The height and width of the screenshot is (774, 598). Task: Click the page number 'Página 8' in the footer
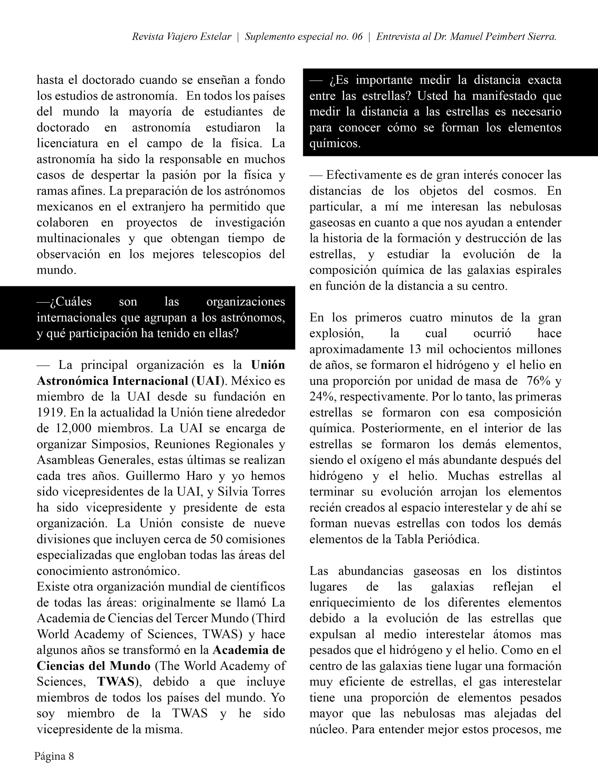[54, 756]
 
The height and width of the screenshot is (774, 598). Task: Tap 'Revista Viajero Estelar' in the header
[182, 37]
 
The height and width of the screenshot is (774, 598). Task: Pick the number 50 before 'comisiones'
[216, 539]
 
